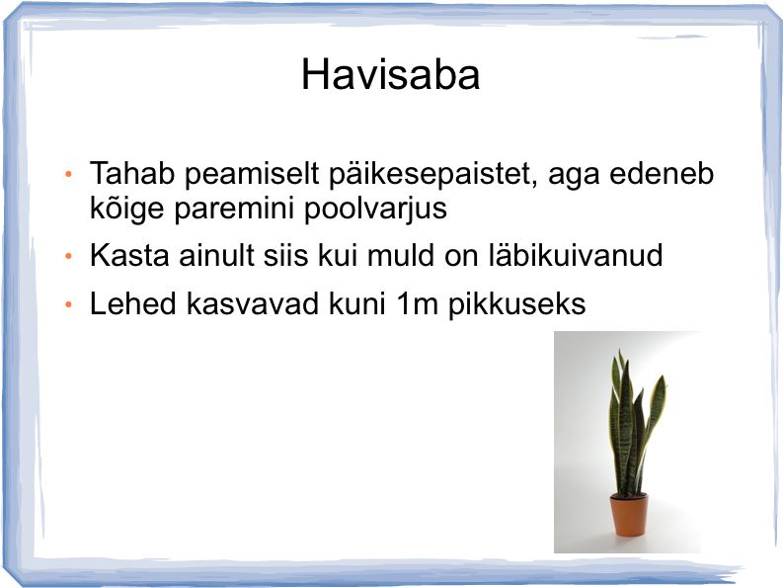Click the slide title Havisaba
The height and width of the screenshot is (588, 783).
(x=390, y=75)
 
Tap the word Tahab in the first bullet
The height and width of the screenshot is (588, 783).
(x=132, y=174)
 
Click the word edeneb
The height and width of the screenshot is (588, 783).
(x=662, y=174)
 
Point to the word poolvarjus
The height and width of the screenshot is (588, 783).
(x=375, y=209)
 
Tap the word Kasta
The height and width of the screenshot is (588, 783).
(x=129, y=255)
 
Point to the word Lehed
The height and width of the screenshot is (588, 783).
(x=133, y=303)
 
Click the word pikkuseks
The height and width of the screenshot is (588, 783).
(x=516, y=304)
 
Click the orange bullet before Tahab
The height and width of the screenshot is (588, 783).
(x=68, y=175)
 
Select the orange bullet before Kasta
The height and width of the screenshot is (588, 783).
(x=68, y=257)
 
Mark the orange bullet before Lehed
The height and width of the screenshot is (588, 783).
(x=68, y=304)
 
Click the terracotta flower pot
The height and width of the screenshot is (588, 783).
(x=629, y=515)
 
